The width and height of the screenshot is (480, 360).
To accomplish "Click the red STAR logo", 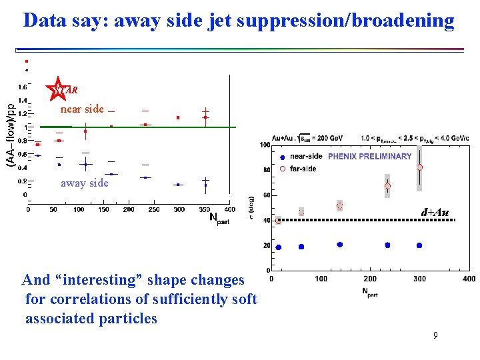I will pos(59,89).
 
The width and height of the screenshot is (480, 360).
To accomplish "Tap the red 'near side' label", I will pos(82,109).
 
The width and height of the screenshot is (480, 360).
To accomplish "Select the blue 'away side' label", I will pos(84,183).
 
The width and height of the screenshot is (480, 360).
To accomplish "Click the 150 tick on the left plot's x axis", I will pos(104,209).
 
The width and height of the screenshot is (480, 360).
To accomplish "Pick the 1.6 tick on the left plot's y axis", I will pos(23,87).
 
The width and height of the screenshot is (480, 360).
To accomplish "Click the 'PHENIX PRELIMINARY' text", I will pos(369,157).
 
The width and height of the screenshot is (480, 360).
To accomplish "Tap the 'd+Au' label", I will pos(435,213).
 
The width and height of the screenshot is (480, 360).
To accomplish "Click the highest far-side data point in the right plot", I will pos(419,167).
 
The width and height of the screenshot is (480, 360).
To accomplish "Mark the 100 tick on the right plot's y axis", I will pos(265,145).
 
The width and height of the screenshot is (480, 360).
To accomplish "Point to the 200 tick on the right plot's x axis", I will pos(370,279).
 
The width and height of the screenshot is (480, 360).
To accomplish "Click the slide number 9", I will pos(435,336).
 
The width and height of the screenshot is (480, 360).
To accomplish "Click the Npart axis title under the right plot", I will pos(370,291).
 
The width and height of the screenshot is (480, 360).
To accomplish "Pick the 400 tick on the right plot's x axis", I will pos(468,279).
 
